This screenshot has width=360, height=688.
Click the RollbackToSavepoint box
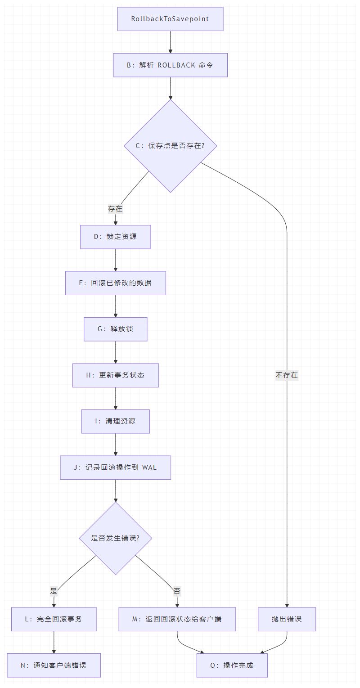pos(170,19)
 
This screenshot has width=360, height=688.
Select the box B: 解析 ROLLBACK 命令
pos(170,65)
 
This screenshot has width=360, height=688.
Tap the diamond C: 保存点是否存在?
pos(170,146)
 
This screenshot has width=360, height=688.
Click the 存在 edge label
pos(115,209)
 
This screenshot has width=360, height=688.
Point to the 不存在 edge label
pos(287,375)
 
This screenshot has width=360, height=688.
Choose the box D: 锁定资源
pos(115,237)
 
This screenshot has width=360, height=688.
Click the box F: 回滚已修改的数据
pos(115,283)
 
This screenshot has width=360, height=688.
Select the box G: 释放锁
pos(115,329)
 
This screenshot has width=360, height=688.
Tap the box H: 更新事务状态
pos(115,375)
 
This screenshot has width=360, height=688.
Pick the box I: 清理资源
pos(115,421)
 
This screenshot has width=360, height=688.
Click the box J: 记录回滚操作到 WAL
pos(115,468)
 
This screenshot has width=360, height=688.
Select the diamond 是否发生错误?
pos(115,538)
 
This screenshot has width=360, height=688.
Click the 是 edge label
pos(54,591)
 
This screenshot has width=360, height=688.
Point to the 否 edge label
pos(177,591)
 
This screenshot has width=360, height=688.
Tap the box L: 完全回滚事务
pos(54,619)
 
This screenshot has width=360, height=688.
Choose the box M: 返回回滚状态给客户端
pos(177,619)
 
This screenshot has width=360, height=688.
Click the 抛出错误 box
pos(287,619)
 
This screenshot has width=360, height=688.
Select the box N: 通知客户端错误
pos(54,665)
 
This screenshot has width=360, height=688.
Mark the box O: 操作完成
pos(232,665)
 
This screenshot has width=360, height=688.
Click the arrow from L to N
pos(54,642)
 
